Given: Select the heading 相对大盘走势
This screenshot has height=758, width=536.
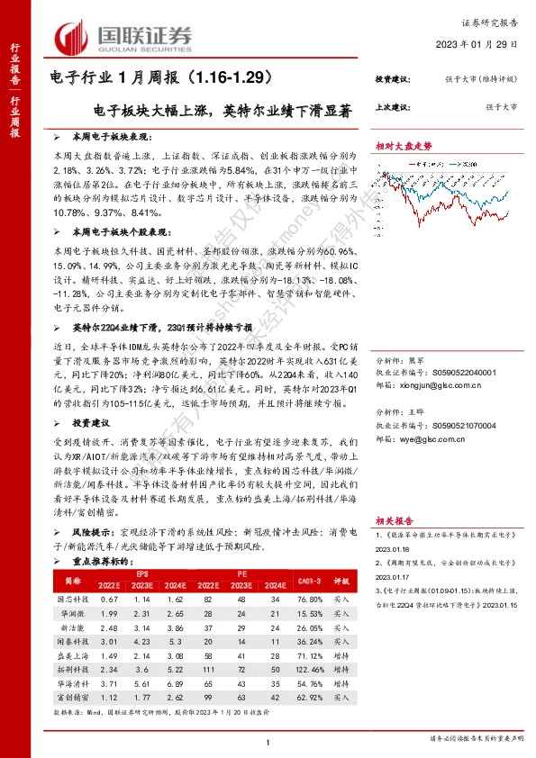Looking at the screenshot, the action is coord(404,145).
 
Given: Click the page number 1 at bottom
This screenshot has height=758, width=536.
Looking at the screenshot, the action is coord(268,740).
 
